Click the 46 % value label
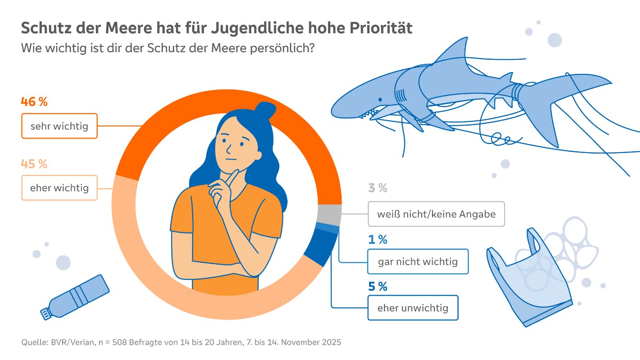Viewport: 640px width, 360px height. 34,102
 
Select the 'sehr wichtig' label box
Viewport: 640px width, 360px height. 59,126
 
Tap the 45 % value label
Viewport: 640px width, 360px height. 34,164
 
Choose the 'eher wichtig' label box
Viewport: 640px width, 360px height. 59,188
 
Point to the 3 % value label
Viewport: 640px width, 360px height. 378,188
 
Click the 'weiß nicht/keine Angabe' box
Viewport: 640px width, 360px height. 436,214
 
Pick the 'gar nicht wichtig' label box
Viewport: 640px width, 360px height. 418,261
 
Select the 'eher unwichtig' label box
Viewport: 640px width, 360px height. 413,308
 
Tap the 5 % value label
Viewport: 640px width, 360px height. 378,287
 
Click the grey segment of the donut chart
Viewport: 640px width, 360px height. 329,214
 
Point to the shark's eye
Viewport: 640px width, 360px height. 380,99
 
